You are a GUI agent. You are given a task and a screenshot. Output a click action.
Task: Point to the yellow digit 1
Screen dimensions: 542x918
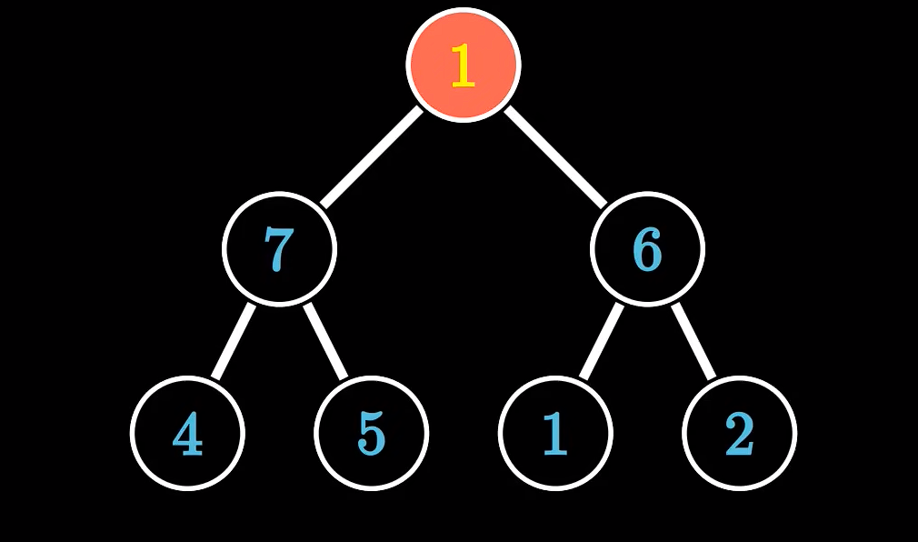click(x=463, y=66)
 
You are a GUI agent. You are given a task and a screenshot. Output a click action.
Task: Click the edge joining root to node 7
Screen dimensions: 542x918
click(x=372, y=156)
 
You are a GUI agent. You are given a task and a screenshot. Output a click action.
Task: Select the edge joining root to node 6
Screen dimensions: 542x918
click(x=555, y=156)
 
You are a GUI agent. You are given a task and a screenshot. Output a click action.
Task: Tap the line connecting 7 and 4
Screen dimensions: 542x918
click(x=234, y=341)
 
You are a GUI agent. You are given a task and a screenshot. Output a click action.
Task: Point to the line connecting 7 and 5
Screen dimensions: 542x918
click(x=325, y=341)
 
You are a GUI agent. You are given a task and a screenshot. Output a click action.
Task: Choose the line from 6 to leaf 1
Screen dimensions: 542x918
click(x=602, y=341)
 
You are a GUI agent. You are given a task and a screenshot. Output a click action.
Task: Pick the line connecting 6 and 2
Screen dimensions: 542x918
click(x=693, y=341)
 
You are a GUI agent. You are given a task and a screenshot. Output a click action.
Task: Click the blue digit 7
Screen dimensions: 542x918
click(x=279, y=249)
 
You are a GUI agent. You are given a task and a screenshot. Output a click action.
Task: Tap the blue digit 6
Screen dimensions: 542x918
click(x=647, y=249)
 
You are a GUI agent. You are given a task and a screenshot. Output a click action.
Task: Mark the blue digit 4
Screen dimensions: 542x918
click(x=187, y=435)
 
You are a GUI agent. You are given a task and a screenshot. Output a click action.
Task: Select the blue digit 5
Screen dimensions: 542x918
click(x=371, y=434)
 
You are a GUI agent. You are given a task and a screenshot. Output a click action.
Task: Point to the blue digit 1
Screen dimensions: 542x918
click(x=555, y=434)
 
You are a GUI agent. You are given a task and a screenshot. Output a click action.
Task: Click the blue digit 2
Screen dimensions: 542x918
click(x=739, y=434)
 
